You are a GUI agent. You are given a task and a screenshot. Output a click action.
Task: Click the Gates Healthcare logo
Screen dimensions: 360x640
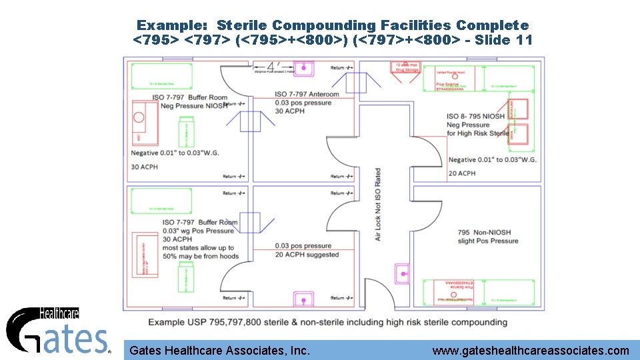point(57,331)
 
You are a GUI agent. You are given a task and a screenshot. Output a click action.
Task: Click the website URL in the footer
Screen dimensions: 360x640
point(530,351)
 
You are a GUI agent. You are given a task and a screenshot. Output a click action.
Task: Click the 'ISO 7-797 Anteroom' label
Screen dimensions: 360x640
point(307,95)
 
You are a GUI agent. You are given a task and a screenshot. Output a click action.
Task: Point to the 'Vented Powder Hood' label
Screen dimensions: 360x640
point(450,72)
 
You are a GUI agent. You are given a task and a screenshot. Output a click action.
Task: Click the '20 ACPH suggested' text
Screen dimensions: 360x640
point(307,255)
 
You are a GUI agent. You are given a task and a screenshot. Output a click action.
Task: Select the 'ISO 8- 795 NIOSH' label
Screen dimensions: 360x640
point(475,117)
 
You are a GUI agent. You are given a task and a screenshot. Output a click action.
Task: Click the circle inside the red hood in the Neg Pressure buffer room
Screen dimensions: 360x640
point(139,117)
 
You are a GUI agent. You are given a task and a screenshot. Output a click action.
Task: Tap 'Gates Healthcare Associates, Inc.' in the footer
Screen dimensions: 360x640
point(219,351)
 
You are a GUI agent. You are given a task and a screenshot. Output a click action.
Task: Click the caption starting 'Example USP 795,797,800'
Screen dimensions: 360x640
point(327,323)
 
